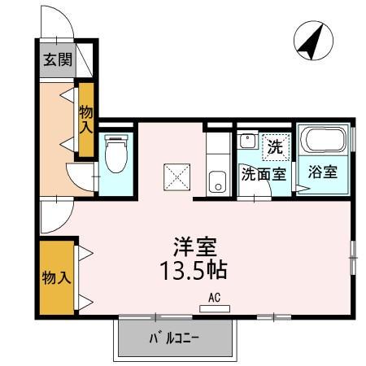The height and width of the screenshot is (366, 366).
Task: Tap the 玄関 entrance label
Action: (x=56, y=59)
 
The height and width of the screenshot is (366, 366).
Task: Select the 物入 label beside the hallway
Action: (x=86, y=120)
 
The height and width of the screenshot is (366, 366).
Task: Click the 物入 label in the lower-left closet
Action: (x=56, y=277)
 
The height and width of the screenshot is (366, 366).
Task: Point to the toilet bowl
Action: (x=115, y=154)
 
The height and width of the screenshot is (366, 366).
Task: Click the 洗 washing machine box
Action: (x=277, y=148)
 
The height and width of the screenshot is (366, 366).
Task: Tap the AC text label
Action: (x=216, y=298)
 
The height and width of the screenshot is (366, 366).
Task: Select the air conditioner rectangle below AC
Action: (x=216, y=309)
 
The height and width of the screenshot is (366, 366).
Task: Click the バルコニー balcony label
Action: (x=174, y=338)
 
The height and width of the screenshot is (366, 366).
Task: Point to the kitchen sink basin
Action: (x=216, y=182)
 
